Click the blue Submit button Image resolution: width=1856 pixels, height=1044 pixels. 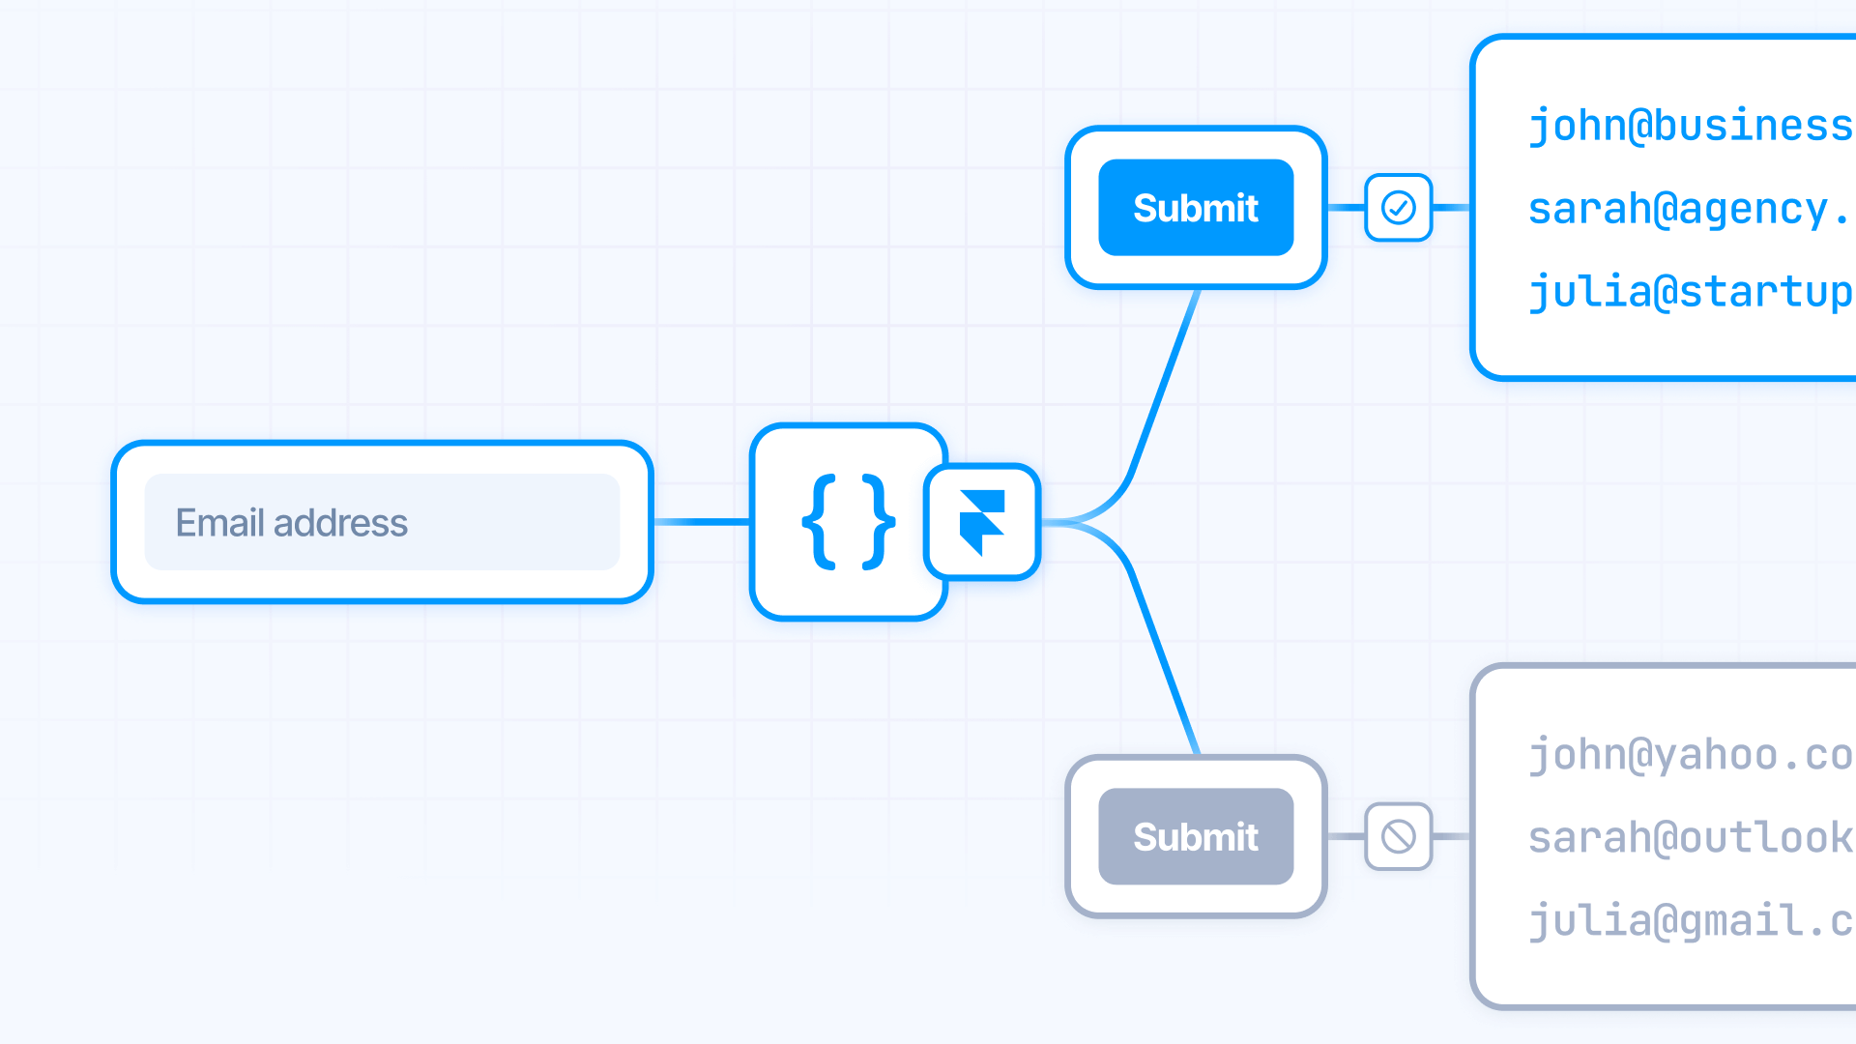[x=1196, y=208]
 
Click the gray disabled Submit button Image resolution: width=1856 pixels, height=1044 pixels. [x=1196, y=836]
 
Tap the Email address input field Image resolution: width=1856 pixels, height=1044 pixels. [x=382, y=522]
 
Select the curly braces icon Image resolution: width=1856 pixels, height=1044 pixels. [x=848, y=522]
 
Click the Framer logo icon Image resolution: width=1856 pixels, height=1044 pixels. [x=982, y=522]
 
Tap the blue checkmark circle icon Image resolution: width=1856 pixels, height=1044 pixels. [x=1398, y=208]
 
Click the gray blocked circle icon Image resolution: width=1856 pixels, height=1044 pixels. [x=1398, y=836]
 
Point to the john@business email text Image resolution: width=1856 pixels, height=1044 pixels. [x=1690, y=126]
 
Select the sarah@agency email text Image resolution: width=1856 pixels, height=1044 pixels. [x=1687, y=209]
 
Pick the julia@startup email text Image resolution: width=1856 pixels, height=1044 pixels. [x=1690, y=292]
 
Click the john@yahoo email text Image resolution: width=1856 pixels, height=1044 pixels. [x=1690, y=755]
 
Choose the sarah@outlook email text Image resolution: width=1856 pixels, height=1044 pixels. [x=1690, y=837]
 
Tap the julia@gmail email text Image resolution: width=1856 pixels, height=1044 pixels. [x=1690, y=920]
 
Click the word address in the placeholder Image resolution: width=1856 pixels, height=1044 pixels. [x=340, y=523]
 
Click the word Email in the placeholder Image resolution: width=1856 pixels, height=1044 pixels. [x=219, y=523]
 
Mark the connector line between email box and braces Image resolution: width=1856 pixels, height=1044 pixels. [x=702, y=522]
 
